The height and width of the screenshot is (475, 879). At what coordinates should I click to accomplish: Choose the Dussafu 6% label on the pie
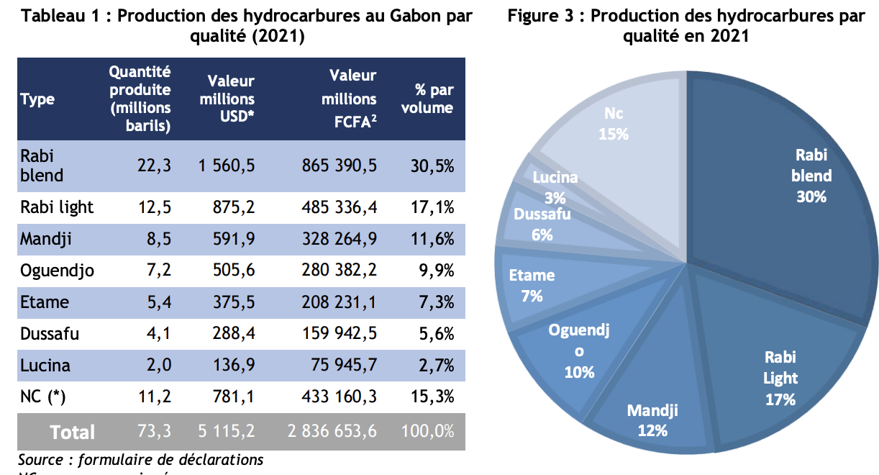pos(543,224)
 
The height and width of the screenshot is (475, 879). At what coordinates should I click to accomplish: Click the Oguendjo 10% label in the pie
pos(579,351)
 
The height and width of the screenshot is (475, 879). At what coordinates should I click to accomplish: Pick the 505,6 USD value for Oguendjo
pos(234,271)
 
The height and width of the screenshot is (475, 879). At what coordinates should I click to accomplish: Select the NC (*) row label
pos(47,397)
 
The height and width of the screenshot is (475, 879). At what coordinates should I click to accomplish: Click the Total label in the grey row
pos(72,432)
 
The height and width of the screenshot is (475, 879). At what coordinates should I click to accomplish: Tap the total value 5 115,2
pos(226,431)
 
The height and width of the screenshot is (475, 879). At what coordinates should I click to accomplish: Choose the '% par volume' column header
pos(434,99)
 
